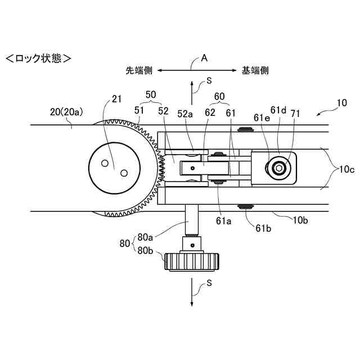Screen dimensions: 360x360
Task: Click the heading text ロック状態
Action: [x=38, y=57]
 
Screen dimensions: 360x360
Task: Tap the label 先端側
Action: [x=139, y=71]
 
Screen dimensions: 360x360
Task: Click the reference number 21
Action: [x=116, y=99]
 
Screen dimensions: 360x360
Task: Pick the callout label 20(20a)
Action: [x=67, y=111]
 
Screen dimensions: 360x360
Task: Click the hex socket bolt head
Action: [x=279, y=168]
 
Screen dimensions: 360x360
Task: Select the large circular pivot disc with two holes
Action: [x=114, y=167]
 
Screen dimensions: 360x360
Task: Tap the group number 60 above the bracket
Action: [x=219, y=96]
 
